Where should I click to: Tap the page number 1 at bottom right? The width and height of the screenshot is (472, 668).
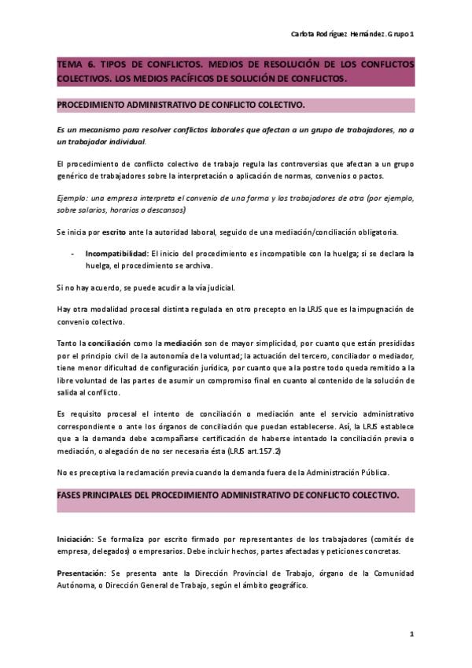[411, 633]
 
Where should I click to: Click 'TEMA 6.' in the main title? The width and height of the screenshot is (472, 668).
[76, 64]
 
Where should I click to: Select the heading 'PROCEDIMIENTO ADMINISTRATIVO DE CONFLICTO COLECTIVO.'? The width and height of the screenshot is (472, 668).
[181, 105]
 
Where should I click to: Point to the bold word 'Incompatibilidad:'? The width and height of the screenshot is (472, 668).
[117, 254]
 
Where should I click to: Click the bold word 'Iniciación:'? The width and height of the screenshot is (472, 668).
[76, 540]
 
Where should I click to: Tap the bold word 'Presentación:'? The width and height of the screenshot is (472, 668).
[82, 573]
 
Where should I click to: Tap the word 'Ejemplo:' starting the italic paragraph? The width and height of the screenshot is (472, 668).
[72, 199]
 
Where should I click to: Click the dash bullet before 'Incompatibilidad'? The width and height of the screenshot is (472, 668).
[72, 254]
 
